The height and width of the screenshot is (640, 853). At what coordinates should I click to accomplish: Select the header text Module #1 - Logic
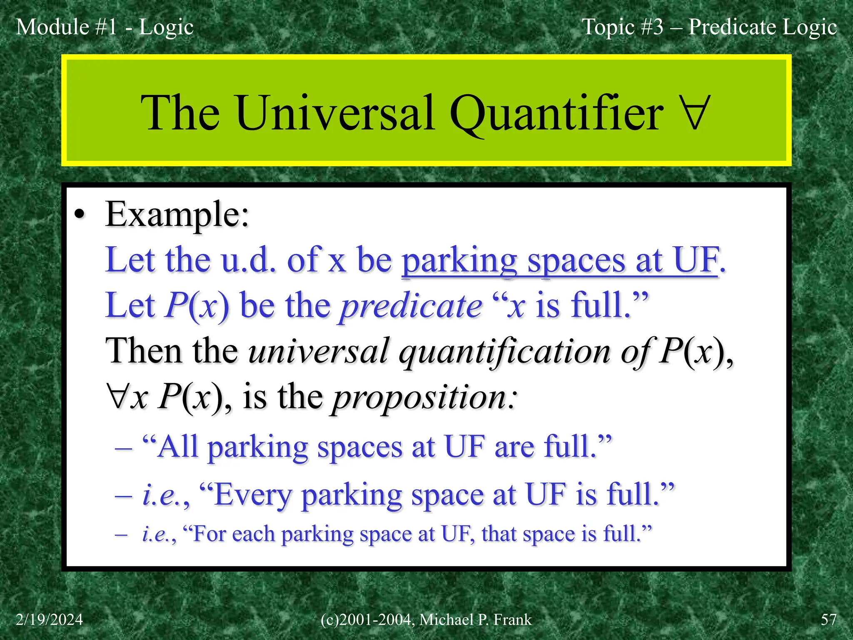tap(105, 27)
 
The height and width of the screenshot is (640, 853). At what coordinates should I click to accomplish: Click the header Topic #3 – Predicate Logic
tap(709, 27)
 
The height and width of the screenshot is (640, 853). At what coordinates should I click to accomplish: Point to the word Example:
tap(177, 215)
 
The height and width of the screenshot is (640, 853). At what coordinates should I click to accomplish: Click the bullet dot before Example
tap(79, 215)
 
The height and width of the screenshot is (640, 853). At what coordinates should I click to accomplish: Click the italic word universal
tap(319, 351)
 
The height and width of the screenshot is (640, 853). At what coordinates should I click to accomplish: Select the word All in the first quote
tap(178, 447)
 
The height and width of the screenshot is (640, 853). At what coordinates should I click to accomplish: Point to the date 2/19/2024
tap(50, 620)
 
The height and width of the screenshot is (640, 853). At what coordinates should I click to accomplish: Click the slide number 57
tap(828, 620)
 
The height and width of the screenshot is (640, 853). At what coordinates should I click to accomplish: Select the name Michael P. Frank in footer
tap(475, 620)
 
